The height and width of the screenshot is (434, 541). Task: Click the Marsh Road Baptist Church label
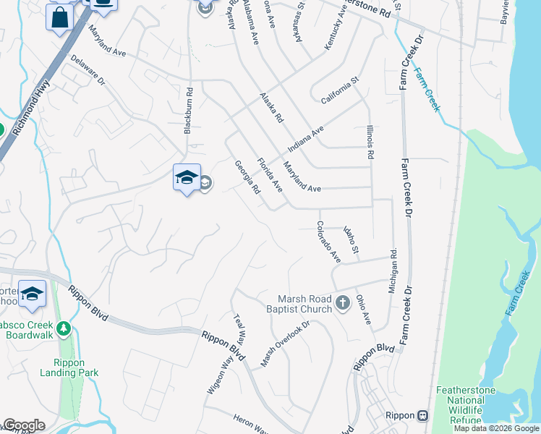click(304, 304)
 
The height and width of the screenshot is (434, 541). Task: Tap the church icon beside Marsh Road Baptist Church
click(343, 303)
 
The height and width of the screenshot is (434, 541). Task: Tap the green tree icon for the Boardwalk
click(63, 329)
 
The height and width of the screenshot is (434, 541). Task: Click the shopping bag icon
click(59, 17)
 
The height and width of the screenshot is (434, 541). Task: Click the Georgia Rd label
click(247, 178)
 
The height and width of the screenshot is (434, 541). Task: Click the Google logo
click(23, 425)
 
